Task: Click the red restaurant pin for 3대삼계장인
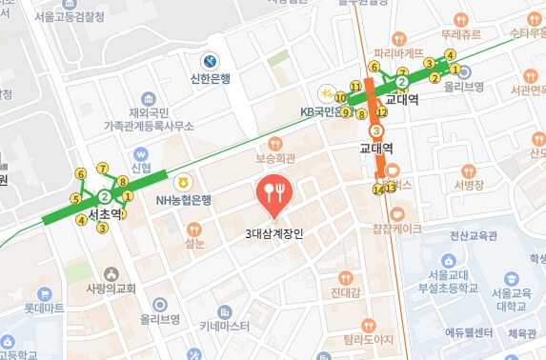click(x=275, y=193)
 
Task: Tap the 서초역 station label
click(x=104, y=214)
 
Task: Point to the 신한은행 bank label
click(x=211, y=78)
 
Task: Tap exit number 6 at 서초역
click(x=82, y=173)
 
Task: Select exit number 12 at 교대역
click(x=380, y=113)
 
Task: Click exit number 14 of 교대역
click(x=378, y=190)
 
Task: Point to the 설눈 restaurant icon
click(x=194, y=229)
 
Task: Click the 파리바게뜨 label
click(x=397, y=41)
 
